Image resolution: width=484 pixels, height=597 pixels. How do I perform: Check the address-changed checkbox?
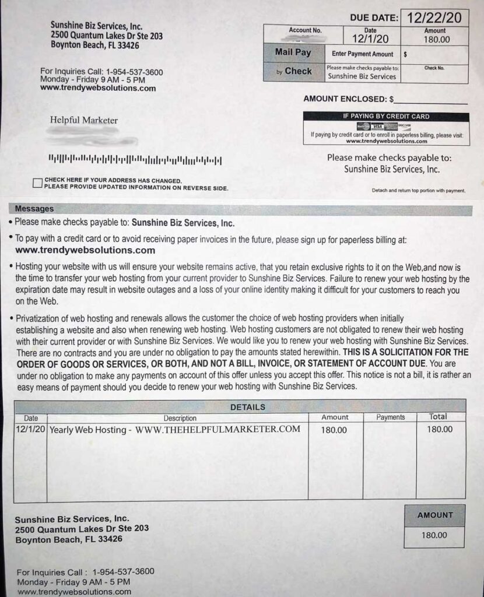(38, 184)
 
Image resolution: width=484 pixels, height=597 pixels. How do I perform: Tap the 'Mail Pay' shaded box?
(293, 52)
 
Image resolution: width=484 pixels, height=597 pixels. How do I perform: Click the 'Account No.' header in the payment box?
(305, 30)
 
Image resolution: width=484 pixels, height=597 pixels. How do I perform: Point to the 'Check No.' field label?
(434, 68)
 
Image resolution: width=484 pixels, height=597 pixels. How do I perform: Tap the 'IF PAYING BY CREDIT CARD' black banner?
(385, 116)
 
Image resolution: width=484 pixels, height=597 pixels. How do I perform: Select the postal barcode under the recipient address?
(135, 159)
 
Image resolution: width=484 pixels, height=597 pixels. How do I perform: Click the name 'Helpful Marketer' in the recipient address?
(84, 120)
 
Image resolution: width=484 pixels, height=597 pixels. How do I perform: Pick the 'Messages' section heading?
(34, 209)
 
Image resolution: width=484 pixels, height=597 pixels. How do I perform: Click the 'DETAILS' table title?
(248, 407)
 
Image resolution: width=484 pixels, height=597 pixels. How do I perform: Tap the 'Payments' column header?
(390, 417)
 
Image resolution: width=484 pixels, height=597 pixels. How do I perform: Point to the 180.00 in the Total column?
(440, 430)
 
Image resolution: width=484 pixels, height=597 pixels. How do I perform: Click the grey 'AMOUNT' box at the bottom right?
(435, 515)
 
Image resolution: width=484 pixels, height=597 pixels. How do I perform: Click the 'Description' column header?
(180, 418)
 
